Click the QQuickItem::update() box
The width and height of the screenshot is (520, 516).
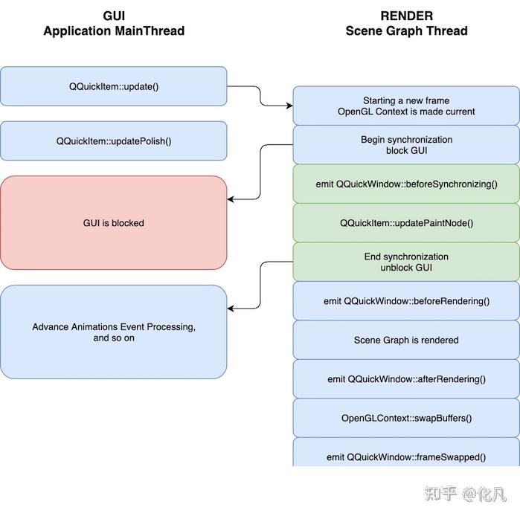click(113, 86)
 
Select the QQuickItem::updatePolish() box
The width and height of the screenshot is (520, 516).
click(113, 141)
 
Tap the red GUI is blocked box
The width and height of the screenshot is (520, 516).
click(113, 222)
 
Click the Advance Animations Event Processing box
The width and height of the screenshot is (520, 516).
click(113, 332)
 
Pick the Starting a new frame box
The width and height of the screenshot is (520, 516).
click(406, 106)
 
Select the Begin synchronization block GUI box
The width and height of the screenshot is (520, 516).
click(406, 145)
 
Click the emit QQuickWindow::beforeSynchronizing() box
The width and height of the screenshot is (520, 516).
click(406, 184)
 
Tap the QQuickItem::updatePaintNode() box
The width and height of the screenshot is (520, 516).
click(406, 223)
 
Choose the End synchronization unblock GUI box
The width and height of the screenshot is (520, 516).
click(406, 262)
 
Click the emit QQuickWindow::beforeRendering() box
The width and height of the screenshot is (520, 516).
click(406, 301)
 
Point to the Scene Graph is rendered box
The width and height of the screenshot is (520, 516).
click(406, 340)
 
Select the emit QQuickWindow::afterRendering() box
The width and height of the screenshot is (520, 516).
click(406, 379)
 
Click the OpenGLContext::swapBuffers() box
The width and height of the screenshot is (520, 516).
click(406, 418)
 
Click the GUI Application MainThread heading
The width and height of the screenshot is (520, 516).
click(113, 23)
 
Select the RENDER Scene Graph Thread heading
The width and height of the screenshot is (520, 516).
click(406, 23)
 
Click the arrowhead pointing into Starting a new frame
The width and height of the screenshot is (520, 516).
click(289, 106)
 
